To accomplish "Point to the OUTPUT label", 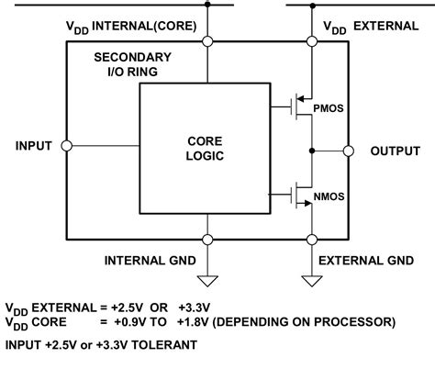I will [396, 151].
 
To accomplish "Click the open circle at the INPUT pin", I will [68, 146].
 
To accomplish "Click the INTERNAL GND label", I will [150, 260].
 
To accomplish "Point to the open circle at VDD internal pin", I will [209, 41].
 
